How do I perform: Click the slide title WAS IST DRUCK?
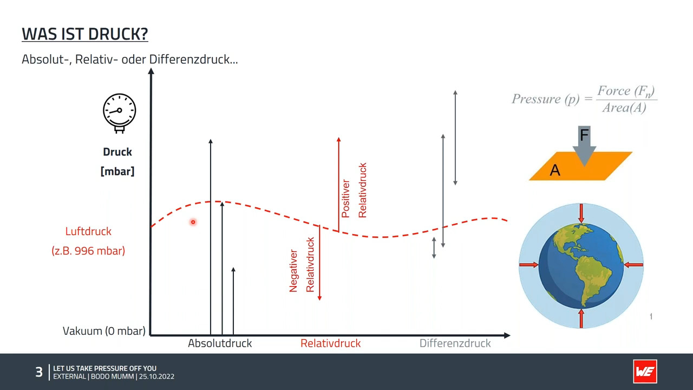[85, 34]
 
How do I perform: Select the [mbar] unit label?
[117, 171]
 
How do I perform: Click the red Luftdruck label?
[88, 231]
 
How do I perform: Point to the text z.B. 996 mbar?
[88, 251]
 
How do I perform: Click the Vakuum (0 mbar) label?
[104, 331]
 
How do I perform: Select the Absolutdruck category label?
[220, 343]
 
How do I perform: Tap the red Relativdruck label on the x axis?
[330, 343]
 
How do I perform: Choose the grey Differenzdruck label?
[455, 343]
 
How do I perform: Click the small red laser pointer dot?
[193, 222]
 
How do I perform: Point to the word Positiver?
[345, 199]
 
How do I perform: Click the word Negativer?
[293, 271]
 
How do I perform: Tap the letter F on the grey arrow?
[584, 135]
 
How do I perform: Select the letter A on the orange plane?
[555, 170]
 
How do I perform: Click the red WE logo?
[645, 372]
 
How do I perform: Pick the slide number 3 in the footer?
[39, 372]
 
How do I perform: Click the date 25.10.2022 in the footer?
[156, 376]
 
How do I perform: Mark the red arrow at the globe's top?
[581, 213]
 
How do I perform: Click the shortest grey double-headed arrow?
[434, 248]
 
